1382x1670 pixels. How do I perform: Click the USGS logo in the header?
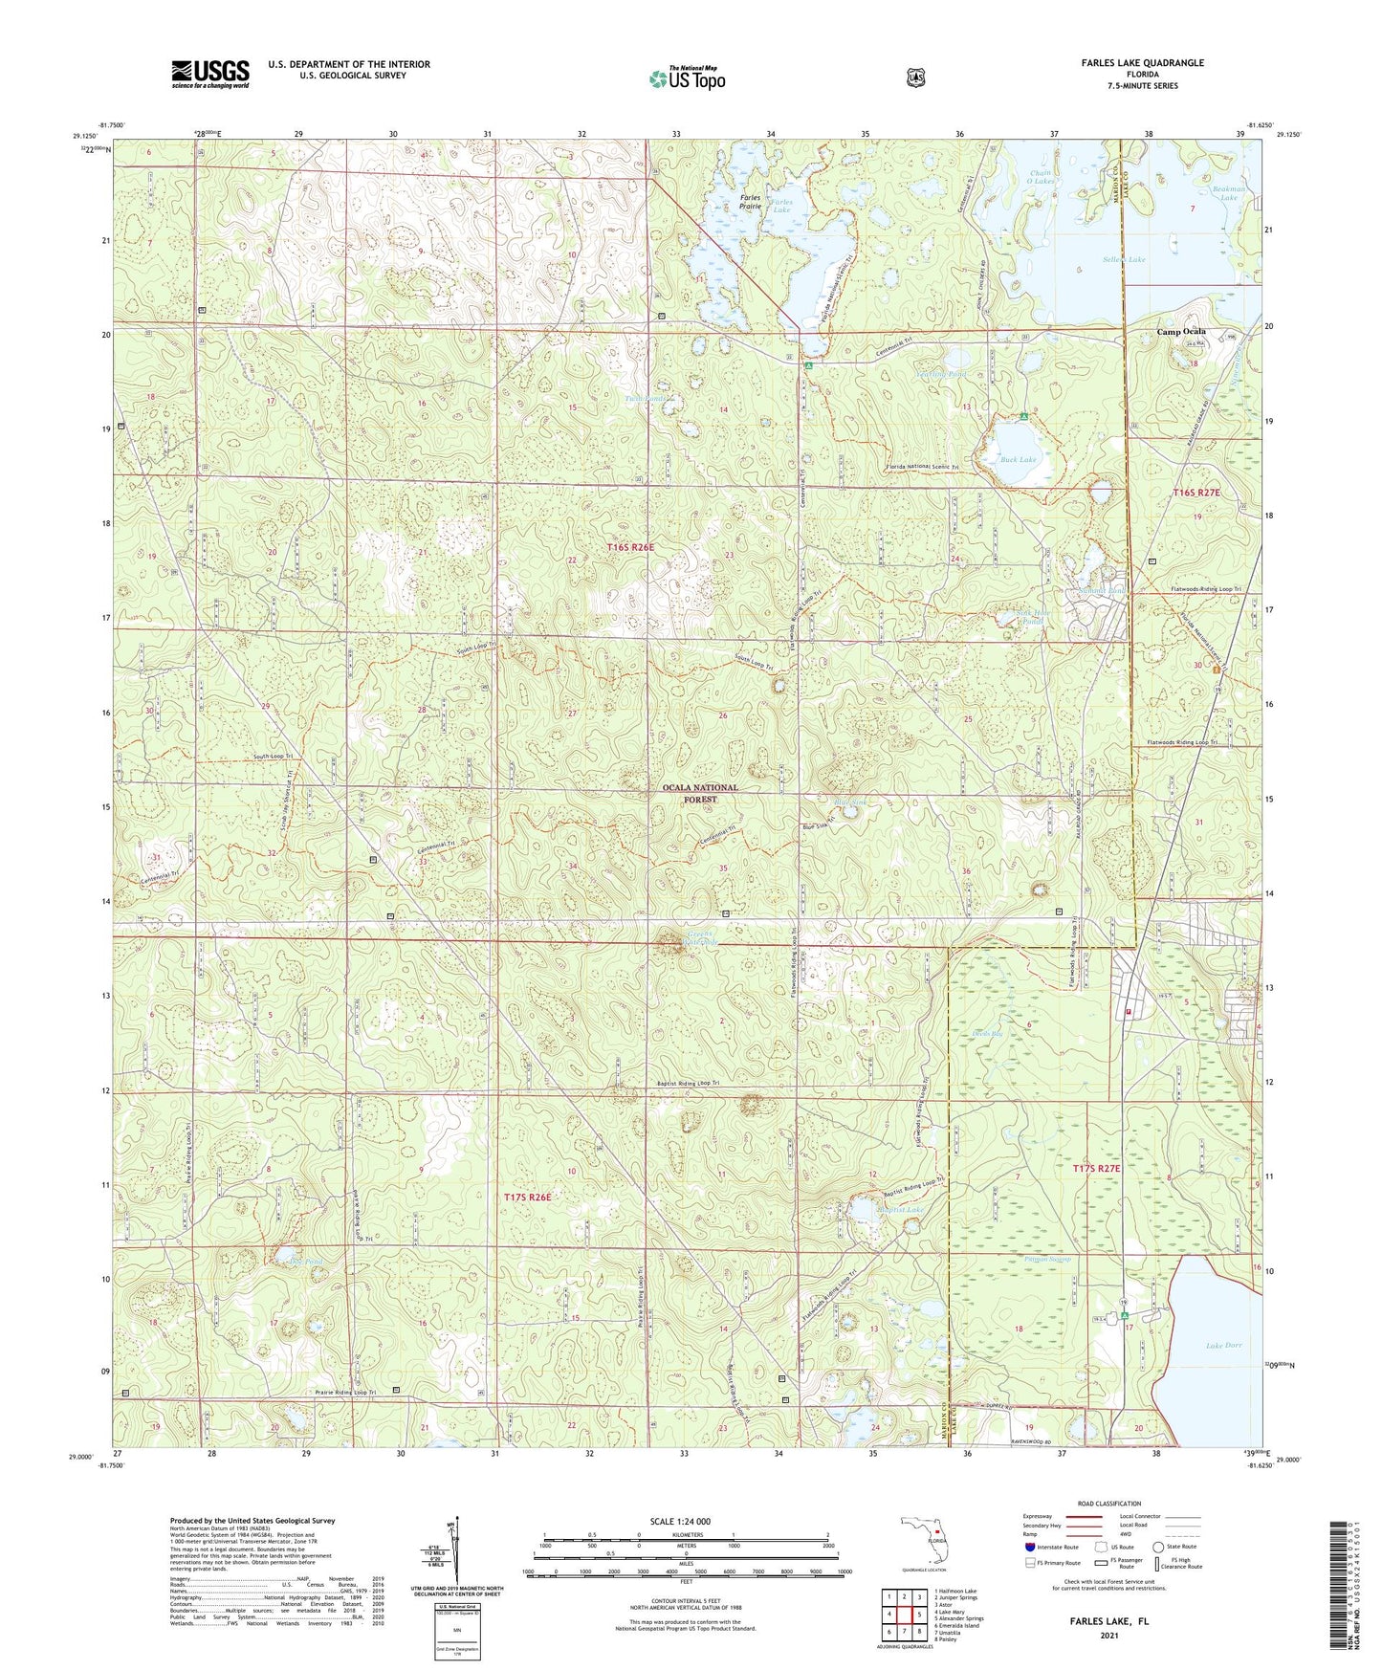(x=210, y=74)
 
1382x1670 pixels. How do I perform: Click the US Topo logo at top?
(x=686, y=78)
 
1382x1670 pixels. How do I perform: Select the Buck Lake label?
(x=1020, y=460)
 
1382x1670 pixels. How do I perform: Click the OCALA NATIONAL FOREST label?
(x=701, y=793)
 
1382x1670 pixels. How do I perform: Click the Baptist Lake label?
(x=900, y=1210)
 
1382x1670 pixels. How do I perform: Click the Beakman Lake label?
(x=1229, y=193)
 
